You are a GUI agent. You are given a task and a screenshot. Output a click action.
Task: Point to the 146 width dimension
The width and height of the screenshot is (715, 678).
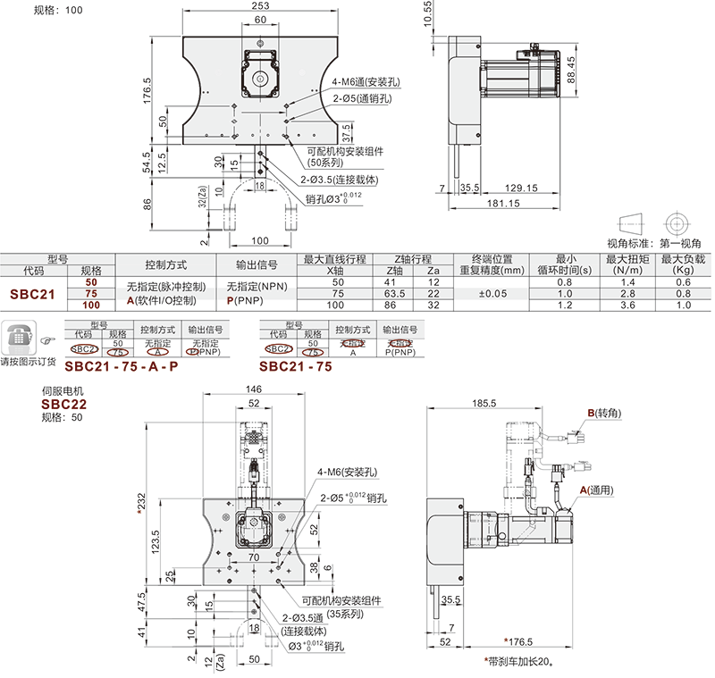click(x=256, y=389)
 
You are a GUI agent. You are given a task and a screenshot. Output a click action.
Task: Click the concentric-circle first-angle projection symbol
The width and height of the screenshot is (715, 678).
click(x=675, y=222)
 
